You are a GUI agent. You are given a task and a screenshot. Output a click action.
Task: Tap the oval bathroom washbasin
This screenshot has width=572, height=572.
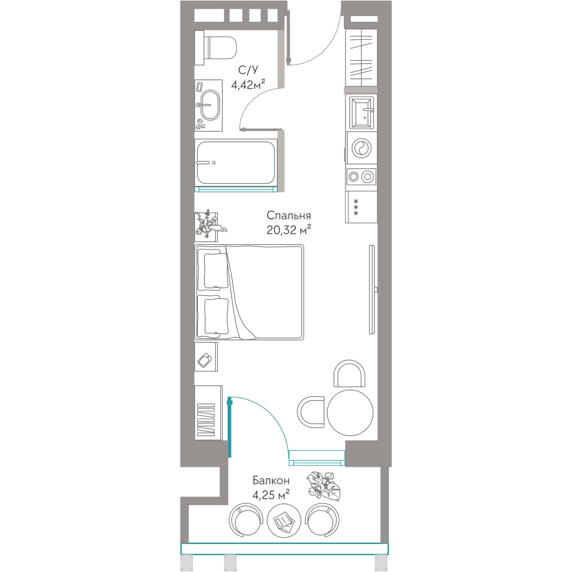pyautogui.click(x=210, y=105)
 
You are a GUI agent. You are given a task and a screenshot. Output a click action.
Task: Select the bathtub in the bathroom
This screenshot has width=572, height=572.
pyautogui.click(x=236, y=162)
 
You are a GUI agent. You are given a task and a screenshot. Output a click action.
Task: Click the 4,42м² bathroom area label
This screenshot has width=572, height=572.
pyautogui.click(x=248, y=85)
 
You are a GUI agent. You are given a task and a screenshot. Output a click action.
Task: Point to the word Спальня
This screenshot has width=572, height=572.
pyautogui.click(x=288, y=215)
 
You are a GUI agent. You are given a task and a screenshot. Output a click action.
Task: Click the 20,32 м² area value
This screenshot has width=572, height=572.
pyautogui.click(x=288, y=230)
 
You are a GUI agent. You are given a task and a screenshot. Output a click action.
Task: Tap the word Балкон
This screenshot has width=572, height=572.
pyautogui.click(x=271, y=480)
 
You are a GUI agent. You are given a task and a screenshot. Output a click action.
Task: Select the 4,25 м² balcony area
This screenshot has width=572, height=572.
pyautogui.click(x=271, y=495)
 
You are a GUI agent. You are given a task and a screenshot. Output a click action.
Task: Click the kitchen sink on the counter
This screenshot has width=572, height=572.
pyautogui.click(x=361, y=112)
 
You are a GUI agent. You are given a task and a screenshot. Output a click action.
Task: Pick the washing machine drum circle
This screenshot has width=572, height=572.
pyautogui.click(x=362, y=148)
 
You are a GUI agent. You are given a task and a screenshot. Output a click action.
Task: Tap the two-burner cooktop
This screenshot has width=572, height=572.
pyautogui.click(x=361, y=177)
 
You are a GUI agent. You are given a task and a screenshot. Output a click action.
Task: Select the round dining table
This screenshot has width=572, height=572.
pyautogui.click(x=350, y=412)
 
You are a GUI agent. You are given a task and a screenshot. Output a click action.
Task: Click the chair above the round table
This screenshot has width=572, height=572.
pyautogui.click(x=349, y=373)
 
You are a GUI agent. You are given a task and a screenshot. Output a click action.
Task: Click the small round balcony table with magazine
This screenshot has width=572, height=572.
pyautogui.click(x=284, y=520)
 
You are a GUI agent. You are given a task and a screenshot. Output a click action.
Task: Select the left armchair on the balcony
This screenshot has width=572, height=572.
pyautogui.click(x=246, y=519)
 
